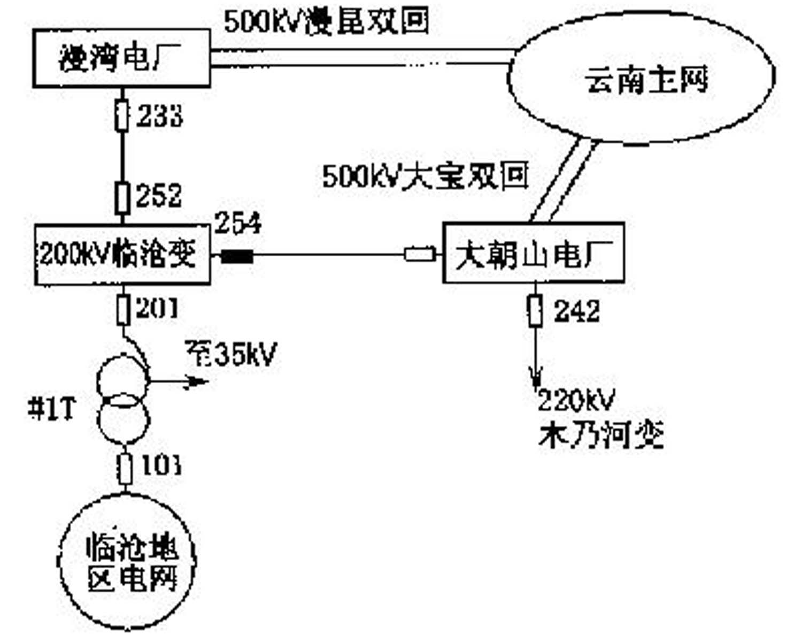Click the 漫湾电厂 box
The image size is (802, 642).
(x=121, y=58)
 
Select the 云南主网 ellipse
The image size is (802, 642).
(x=642, y=80)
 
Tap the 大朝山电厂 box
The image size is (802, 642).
(x=534, y=253)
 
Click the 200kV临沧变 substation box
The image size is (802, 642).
(x=122, y=255)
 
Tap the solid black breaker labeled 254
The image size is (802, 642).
(x=237, y=257)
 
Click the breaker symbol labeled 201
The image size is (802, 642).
(x=124, y=310)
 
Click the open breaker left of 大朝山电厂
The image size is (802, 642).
(x=420, y=254)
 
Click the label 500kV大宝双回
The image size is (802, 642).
(x=425, y=175)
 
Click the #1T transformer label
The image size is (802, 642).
(x=52, y=409)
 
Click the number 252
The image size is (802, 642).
(x=159, y=196)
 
